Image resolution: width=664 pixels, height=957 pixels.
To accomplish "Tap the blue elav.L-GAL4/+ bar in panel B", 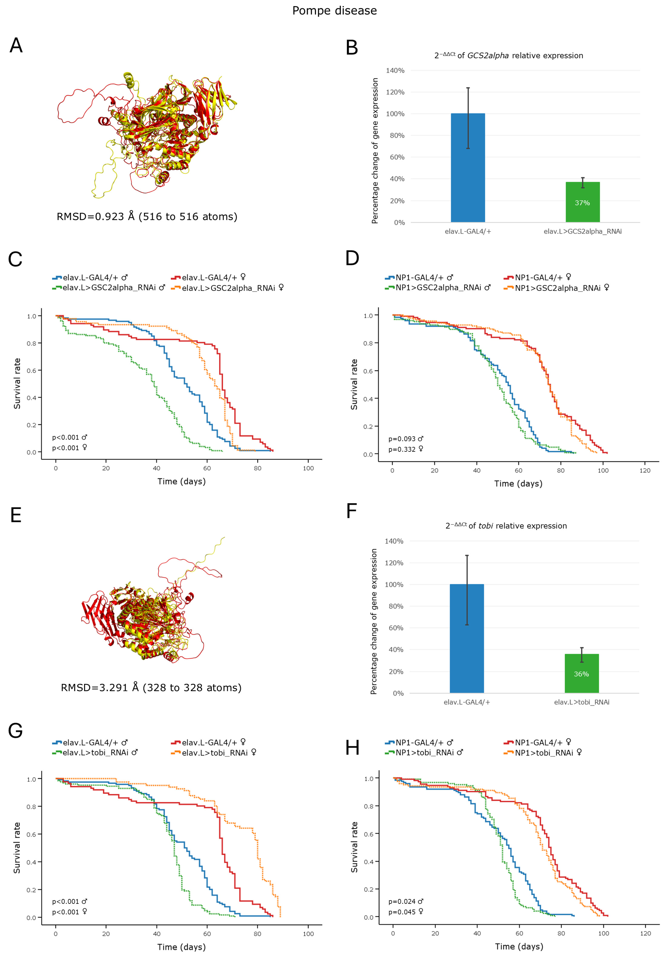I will click(x=468, y=168).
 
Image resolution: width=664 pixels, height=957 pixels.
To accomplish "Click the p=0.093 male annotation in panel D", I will click(x=406, y=439).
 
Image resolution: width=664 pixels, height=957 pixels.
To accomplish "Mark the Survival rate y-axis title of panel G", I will click(x=17, y=848).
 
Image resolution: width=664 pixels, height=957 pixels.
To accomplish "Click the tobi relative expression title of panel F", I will click(x=506, y=526).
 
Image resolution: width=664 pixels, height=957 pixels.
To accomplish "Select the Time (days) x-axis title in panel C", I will click(x=181, y=481).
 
